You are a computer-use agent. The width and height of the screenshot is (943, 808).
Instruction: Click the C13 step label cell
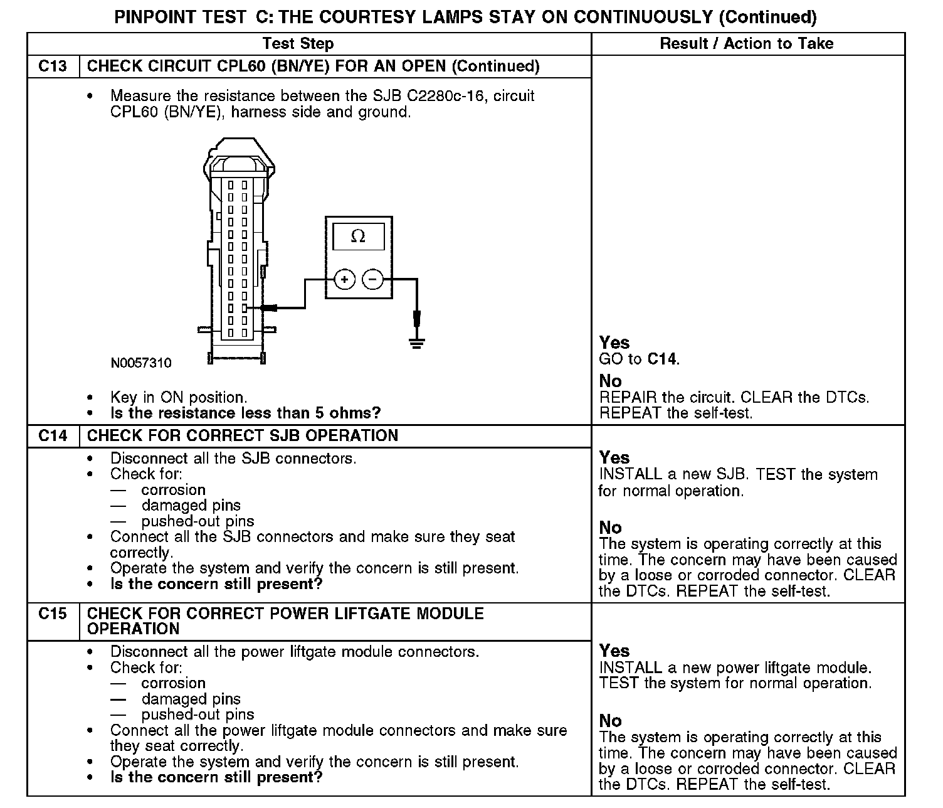pyautogui.click(x=53, y=66)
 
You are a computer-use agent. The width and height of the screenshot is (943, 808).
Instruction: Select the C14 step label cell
pyautogui.click(x=53, y=436)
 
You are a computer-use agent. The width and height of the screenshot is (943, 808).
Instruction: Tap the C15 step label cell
pyautogui.click(x=53, y=614)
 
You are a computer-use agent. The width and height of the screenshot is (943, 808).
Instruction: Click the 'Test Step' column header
pyautogui.click(x=298, y=44)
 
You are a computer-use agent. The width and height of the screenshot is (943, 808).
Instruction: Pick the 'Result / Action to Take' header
pyautogui.click(x=747, y=44)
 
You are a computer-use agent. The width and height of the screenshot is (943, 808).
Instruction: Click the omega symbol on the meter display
pyautogui.click(x=358, y=237)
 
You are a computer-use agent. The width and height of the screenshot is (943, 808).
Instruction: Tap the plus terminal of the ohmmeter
pyautogui.click(x=344, y=279)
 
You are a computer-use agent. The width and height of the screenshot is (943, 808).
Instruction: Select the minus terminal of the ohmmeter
pyautogui.click(x=373, y=279)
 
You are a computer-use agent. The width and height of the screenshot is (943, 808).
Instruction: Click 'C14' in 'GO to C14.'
pyautogui.click(x=662, y=359)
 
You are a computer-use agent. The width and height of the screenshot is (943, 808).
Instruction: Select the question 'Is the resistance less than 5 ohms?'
pyautogui.click(x=245, y=413)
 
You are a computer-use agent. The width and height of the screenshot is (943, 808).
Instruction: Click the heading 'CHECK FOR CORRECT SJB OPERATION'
pyautogui.click(x=243, y=436)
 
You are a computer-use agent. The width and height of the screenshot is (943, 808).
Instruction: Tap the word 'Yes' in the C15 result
pyautogui.click(x=614, y=651)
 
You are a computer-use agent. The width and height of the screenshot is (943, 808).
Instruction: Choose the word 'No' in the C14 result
pyautogui.click(x=610, y=528)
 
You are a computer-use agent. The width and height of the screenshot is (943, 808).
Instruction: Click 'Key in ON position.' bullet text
pyautogui.click(x=179, y=398)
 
